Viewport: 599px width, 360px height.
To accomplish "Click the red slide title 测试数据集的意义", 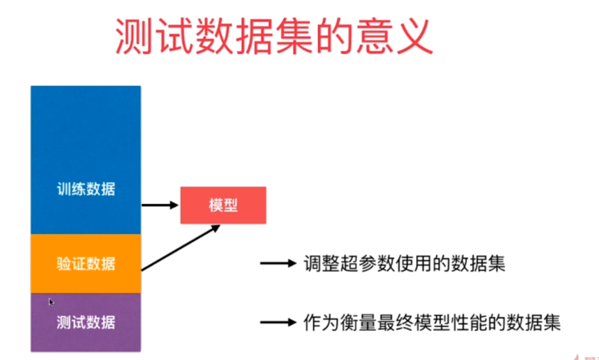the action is coord(274,36).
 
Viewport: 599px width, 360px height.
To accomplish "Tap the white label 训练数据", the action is coord(86,189).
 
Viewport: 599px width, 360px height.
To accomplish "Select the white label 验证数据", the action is coord(86,263).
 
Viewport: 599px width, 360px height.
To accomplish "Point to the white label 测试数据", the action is coord(86,322).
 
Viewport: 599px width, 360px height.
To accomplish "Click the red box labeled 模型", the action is coord(223,205).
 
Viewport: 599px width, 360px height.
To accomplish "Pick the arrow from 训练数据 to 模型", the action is coord(160,205).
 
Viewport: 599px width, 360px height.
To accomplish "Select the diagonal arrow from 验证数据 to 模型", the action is coord(180,248).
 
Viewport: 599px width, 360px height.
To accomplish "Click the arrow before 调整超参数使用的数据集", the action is coord(278,263).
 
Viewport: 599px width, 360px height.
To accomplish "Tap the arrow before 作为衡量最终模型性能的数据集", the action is coord(278,322).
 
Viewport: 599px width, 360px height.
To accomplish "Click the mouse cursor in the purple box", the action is coord(51,302).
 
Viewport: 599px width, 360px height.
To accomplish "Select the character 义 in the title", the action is coord(415,36).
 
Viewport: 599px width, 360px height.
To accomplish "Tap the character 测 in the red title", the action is coord(134,36).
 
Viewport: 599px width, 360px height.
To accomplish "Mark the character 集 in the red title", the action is coord(294,36).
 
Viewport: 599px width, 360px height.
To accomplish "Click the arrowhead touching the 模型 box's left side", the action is coord(174,205).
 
